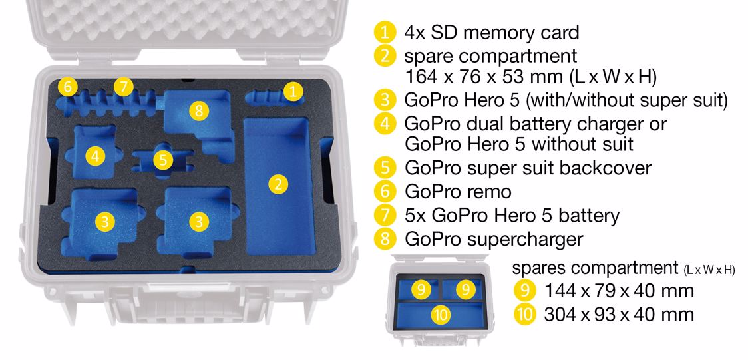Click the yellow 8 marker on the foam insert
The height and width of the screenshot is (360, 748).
point(199,111)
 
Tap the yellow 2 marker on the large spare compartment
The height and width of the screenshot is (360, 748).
point(278,184)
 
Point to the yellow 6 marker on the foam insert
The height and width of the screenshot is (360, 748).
point(67,87)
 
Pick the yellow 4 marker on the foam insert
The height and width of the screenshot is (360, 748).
point(95,156)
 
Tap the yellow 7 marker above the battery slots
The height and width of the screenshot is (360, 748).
point(124,87)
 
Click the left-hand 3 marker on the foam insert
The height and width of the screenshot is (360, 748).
point(105,222)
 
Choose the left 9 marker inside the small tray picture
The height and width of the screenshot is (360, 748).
point(421,289)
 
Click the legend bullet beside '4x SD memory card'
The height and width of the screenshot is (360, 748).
point(385,33)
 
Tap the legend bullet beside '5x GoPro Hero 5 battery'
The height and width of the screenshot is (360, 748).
point(385,216)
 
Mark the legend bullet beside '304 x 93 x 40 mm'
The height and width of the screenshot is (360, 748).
point(524,315)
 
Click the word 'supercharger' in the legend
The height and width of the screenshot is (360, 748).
point(525,240)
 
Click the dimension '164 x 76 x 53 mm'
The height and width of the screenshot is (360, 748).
point(481,77)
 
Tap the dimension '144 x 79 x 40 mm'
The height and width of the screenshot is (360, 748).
point(619,291)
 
